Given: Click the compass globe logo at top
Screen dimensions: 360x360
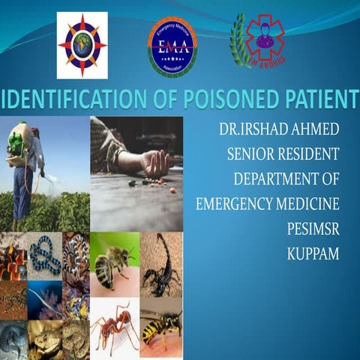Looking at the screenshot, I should [x=82, y=44].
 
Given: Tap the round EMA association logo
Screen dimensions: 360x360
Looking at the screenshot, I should [x=172, y=46].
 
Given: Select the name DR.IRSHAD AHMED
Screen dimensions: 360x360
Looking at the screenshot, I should [x=280, y=129].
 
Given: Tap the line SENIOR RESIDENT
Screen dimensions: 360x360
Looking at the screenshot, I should [x=283, y=154].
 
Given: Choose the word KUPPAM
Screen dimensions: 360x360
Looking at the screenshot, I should [x=313, y=253].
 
